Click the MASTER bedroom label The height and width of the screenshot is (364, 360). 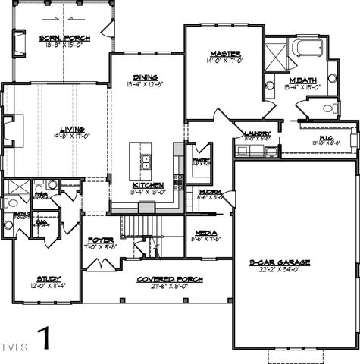[x=225, y=54]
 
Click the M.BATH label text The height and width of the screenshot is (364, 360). [x=302, y=80]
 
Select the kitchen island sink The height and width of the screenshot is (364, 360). [x=145, y=162]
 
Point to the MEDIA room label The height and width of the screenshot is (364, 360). [x=205, y=233]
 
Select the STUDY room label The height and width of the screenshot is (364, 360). [x=49, y=278]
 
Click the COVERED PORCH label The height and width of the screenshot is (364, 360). [x=170, y=279]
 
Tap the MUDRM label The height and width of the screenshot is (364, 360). [x=210, y=192]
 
